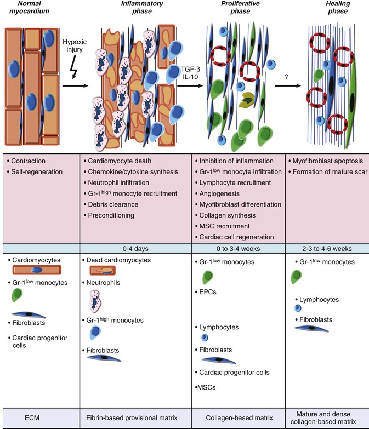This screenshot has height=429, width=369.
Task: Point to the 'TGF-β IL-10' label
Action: click(x=190, y=70)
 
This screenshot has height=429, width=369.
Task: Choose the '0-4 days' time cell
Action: click(x=136, y=248)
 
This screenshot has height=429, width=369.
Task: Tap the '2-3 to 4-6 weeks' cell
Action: click(x=327, y=248)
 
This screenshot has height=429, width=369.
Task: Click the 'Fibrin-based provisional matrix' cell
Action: click(x=136, y=419)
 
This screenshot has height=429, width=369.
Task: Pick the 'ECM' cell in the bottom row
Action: click(x=40, y=419)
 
